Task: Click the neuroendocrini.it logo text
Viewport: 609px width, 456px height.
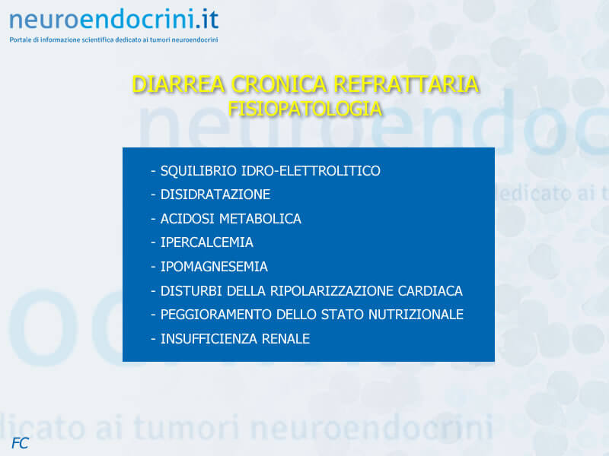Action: click(x=113, y=20)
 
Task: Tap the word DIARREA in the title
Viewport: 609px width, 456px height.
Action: click(x=179, y=84)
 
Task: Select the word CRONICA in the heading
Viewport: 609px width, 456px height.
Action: click(x=279, y=84)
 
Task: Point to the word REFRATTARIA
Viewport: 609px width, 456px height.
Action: click(x=406, y=84)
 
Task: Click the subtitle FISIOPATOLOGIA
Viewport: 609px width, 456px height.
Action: click(x=305, y=109)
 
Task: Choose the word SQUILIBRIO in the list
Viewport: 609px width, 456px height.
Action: click(x=199, y=170)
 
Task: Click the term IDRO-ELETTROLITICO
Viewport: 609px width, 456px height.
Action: click(x=311, y=170)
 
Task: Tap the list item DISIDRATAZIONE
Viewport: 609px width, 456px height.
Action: click(x=215, y=195)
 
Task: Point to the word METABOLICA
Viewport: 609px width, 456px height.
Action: click(x=260, y=219)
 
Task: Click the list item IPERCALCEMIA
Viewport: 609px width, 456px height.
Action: click(x=206, y=242)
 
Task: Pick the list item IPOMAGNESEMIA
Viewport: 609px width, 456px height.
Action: click(x=214, y=267)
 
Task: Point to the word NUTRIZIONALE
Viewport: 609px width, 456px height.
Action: click(x=416, y=315)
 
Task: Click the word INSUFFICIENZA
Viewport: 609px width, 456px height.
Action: click(x=209, y=339)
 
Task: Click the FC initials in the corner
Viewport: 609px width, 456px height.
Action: click(x=21, y=443)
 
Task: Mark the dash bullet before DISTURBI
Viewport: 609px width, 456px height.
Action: click(x=153, y=291)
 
